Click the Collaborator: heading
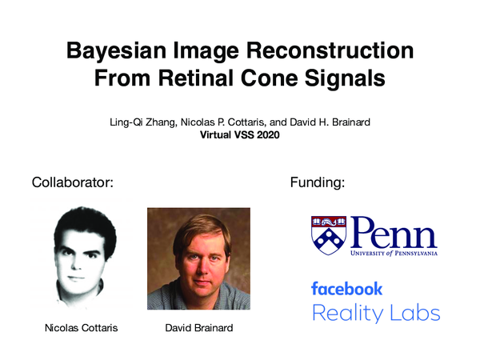click(72, 182)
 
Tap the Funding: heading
click(316, 182)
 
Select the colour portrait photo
click(198, 258)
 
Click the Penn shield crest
click(328, 234)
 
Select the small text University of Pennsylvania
click(393, 254)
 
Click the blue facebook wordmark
click(346, 288)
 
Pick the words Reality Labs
click(375, 313)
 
